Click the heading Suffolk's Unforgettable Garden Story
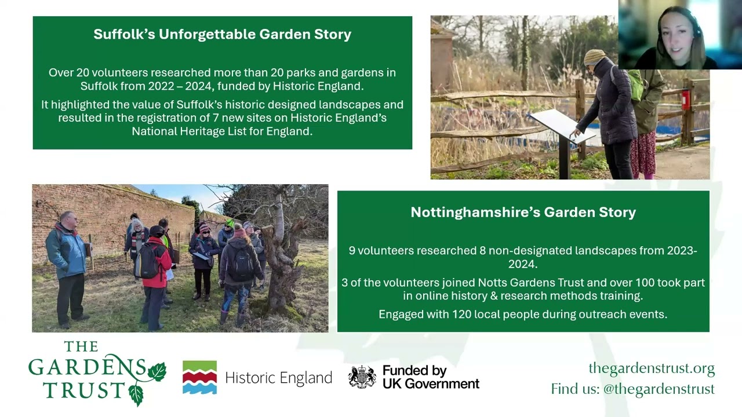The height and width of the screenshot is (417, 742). (222, 34)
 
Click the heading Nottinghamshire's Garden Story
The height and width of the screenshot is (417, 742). (523, 212)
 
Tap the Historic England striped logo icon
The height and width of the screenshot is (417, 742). (200, 377)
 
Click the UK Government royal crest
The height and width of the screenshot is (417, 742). (362, 376)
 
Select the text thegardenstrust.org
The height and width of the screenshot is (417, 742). (652, 368)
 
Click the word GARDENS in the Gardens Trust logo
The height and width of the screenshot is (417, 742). (87, 367)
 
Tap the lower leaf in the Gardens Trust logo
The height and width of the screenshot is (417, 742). (136, 396)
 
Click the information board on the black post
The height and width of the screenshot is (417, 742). (561, 126)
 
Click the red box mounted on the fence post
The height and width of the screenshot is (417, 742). (686, 100)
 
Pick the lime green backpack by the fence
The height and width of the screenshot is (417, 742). (636, 85)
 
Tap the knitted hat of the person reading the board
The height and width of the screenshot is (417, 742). (594, 57)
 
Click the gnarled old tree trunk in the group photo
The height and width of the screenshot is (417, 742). (282, 261)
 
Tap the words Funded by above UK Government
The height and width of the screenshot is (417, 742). (414, 371)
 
